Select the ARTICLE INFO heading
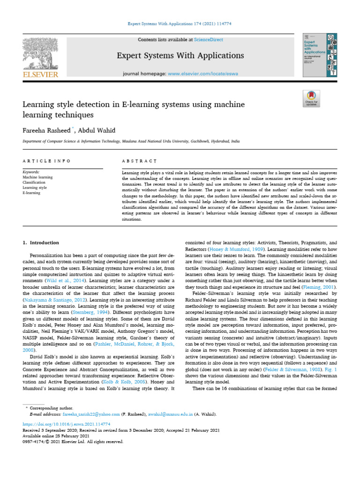pyautogui.click(x=46, y=161)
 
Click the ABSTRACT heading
pyautogui.click(x=139, y=161)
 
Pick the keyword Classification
pyautogui.click(x=34, y=182)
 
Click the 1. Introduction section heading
pyautogui.click(x=41, y=242)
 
